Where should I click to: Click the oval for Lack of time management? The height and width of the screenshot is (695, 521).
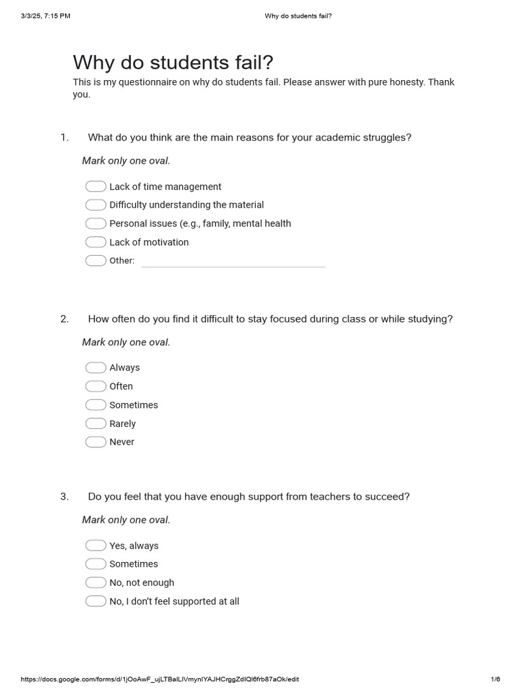[96, 187]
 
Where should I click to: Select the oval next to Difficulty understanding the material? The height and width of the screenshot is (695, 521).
[96, 205]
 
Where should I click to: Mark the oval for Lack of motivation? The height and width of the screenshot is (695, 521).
[96, 242]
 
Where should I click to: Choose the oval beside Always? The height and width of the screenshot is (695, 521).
[96, 368]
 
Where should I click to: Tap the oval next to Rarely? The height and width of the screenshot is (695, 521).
[96, 424]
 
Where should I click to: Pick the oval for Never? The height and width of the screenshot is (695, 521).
[96, 442]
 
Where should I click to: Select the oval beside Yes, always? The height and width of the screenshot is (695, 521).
[96, 546]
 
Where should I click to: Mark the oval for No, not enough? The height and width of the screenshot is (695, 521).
[96, 582]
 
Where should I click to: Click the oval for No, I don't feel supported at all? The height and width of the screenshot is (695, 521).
[96, 601]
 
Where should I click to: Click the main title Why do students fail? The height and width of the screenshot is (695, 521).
[173, 63]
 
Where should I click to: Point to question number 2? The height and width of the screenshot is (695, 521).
[64, 319]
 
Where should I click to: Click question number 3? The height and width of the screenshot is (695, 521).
[64, 497]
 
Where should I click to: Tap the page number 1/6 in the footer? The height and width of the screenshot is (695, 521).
[495, 679]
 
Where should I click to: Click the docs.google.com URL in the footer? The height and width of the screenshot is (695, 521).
[159, 679]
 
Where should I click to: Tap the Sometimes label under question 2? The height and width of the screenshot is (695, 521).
[134, 405]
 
